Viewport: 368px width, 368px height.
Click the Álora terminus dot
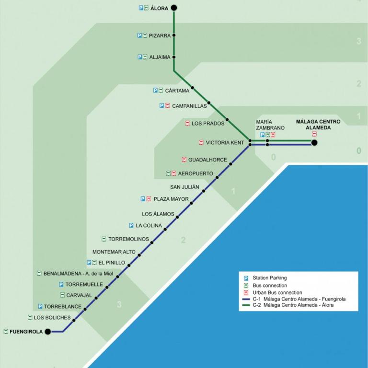point(173,8)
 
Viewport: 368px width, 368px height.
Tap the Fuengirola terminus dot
point(48,332)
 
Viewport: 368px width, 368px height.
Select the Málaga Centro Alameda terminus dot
point(314,142)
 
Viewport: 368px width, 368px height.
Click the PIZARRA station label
point(160,35)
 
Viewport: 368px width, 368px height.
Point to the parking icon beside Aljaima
point(139,57)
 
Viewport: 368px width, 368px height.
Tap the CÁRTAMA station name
point(177,91)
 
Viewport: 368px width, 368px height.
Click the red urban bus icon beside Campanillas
point(167,105)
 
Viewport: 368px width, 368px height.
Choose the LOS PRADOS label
point(208,124)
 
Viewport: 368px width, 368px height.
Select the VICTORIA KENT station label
point(225,143)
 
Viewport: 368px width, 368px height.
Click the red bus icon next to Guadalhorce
point(184,160)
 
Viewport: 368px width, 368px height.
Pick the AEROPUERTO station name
point(195,173)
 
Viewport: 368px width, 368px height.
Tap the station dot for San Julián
point(204,191)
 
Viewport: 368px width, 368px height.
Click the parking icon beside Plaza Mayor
point(143,199)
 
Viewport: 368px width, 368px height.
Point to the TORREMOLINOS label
point(128,239)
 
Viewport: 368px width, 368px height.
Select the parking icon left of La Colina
point(131,225)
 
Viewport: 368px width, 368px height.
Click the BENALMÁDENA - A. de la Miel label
point(78,274)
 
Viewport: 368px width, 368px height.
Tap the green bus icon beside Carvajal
point(62,295)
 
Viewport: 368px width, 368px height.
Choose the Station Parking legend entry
point(265,278)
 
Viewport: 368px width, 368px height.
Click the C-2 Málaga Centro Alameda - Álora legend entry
point(288,305)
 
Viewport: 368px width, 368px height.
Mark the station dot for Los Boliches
point(74,320)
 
